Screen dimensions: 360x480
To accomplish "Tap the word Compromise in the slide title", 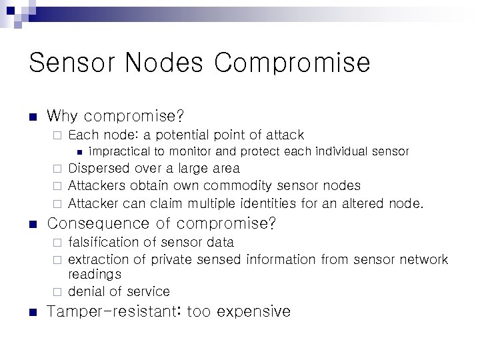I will pos(293,63).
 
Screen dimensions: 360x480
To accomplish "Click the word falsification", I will pos(103,241).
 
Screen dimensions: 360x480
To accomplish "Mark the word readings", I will pos(95,275).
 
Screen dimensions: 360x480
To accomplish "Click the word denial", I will pos(86,291).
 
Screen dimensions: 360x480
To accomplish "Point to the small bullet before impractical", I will pos(79,152).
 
